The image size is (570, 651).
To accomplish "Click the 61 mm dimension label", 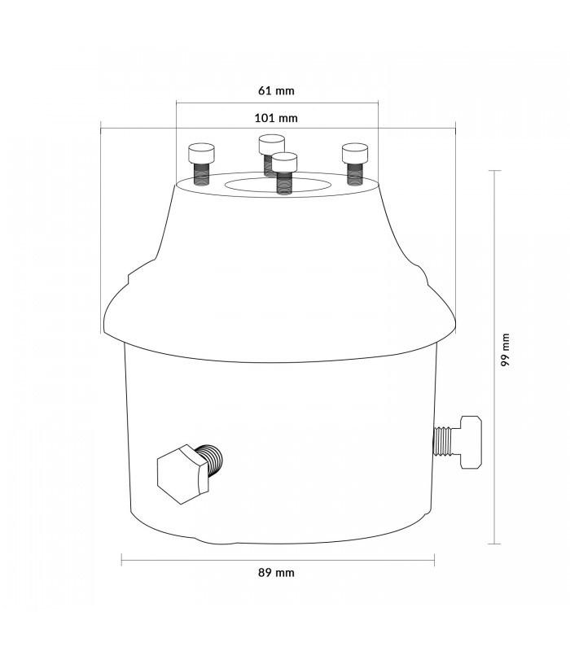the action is coord(276,90).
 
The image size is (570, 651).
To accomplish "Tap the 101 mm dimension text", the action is coord(276,118).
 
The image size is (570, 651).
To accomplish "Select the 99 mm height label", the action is coord(505,350).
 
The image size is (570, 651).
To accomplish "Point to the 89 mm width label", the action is coord(276,573).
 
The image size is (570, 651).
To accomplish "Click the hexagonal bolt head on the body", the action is coord(182,474).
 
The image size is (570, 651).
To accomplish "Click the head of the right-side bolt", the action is coord(471,442).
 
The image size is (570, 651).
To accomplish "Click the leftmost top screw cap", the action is coord(201,153).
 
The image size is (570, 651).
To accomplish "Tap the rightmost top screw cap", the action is coord(355,153).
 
